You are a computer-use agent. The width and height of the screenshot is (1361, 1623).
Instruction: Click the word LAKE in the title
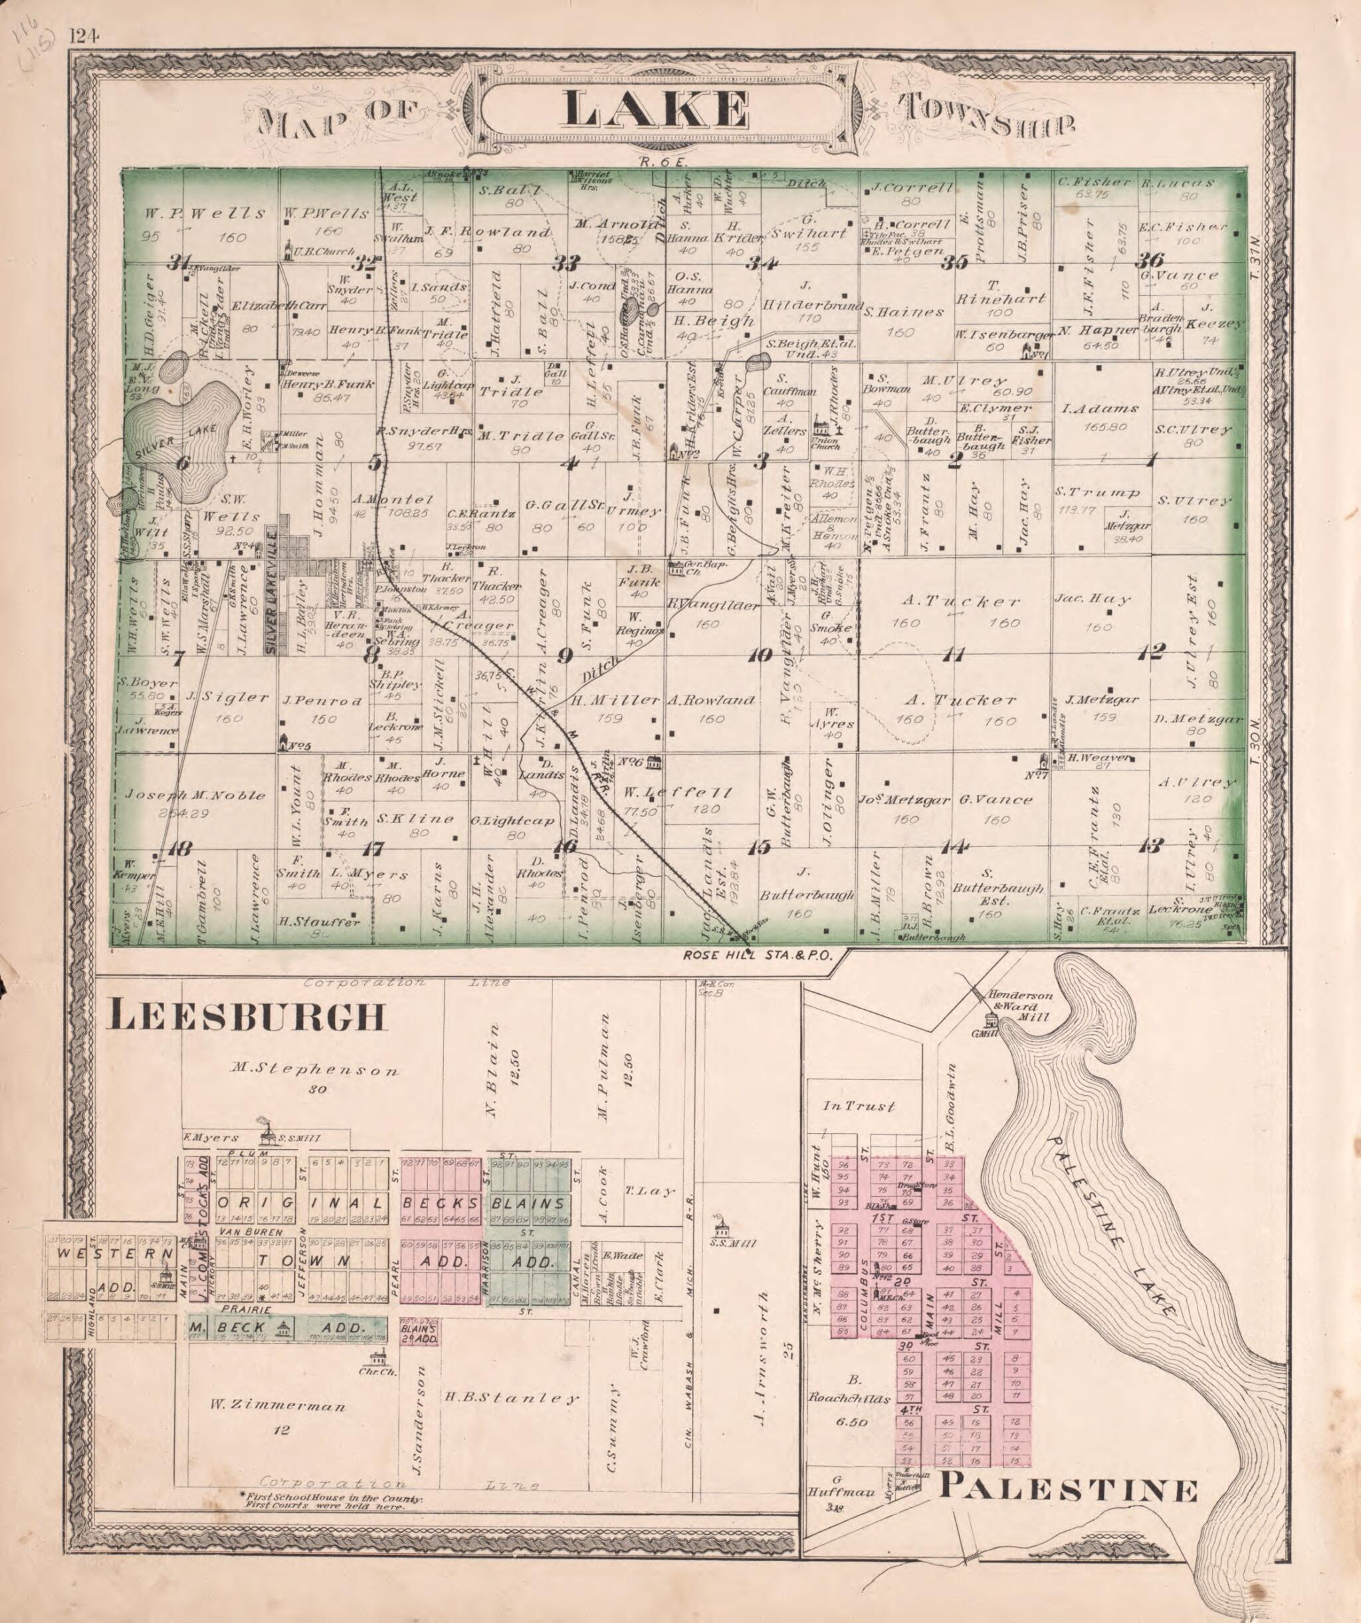pos(656,109)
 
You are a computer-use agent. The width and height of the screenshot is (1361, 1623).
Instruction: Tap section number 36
pos(1154,260)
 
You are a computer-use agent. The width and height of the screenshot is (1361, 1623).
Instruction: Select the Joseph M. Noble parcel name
pos(196,795)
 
